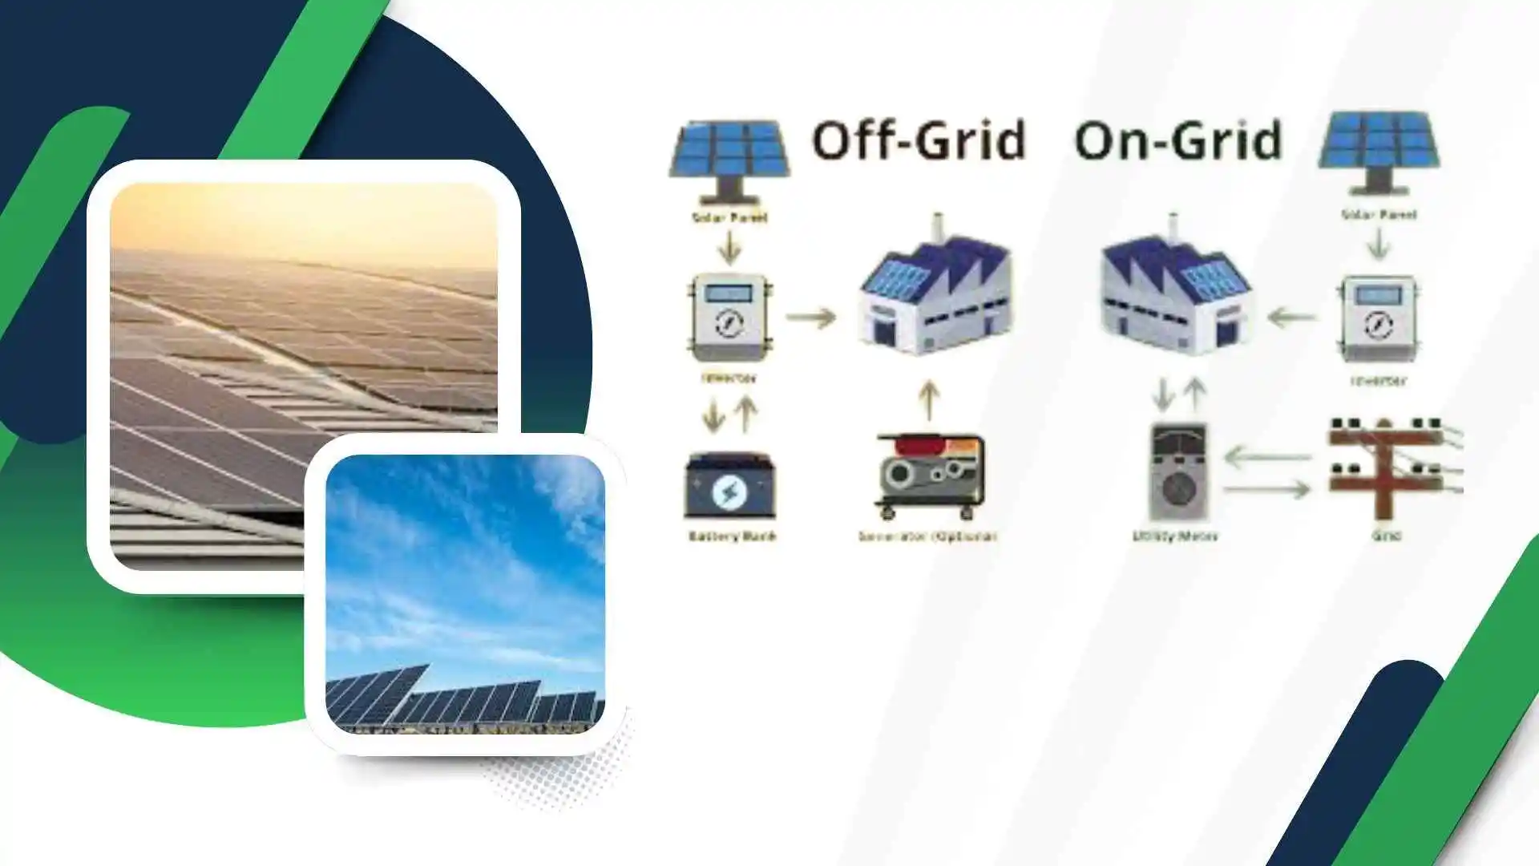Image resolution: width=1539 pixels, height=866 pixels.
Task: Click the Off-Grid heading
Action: (x=919, y=141)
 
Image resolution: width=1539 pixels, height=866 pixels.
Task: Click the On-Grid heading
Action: (x=1178, y=141)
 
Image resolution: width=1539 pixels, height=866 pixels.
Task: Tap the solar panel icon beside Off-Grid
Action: (x=729, y=159)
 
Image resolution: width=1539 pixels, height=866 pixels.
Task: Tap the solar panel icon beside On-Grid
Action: (x=1379, y=152)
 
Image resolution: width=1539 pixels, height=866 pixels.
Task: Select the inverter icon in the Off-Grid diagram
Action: (x=729, y=318)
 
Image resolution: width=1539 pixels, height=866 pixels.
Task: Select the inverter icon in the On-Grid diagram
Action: (x=1378, y=318)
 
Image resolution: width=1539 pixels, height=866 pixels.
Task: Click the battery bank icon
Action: (x=729, y=486)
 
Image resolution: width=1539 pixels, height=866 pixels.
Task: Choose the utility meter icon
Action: (x=1177, y=473)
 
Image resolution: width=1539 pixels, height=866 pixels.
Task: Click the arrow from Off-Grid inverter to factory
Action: (x=810, y=318)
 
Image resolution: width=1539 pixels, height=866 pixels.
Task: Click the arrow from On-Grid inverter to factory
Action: (x=1291, y=318)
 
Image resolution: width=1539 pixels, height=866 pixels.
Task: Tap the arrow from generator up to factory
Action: (x=928, y=400)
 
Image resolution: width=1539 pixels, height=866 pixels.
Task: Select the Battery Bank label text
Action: (x=732, y=536)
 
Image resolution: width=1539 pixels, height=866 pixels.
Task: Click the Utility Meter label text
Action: (x=1174, y=536)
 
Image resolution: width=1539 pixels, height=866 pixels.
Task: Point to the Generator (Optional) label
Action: (x=927, y=536)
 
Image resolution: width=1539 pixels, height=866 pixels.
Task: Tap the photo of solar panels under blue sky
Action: (x=465, y=593)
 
